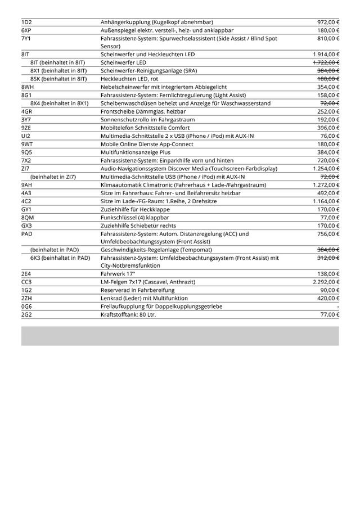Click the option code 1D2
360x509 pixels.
[x=26, y=22]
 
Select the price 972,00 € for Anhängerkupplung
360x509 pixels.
[x=328, y=22]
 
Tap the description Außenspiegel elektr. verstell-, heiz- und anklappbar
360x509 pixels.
[x=167, y=30]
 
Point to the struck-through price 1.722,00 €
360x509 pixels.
[x=326, y=62]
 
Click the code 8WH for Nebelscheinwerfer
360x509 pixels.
[x=28, y=87]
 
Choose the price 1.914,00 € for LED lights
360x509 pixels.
[x=326, y=54]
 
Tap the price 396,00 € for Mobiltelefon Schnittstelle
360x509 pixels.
[x=328, y=128]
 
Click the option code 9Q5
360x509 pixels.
[x=27, y=152]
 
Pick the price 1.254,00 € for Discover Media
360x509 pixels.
[x=326, y=169]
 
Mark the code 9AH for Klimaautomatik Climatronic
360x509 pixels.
[x=27, y=185]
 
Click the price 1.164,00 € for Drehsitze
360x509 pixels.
[x=326, y=201]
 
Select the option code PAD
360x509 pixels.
[x=27, y=233]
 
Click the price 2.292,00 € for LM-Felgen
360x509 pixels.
[x=326, y=282]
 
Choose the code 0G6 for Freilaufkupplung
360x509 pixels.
[x=27, y=307]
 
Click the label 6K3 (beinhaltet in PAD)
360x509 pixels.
[x=60, y=258]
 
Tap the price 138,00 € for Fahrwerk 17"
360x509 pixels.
[x=328, y=274]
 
